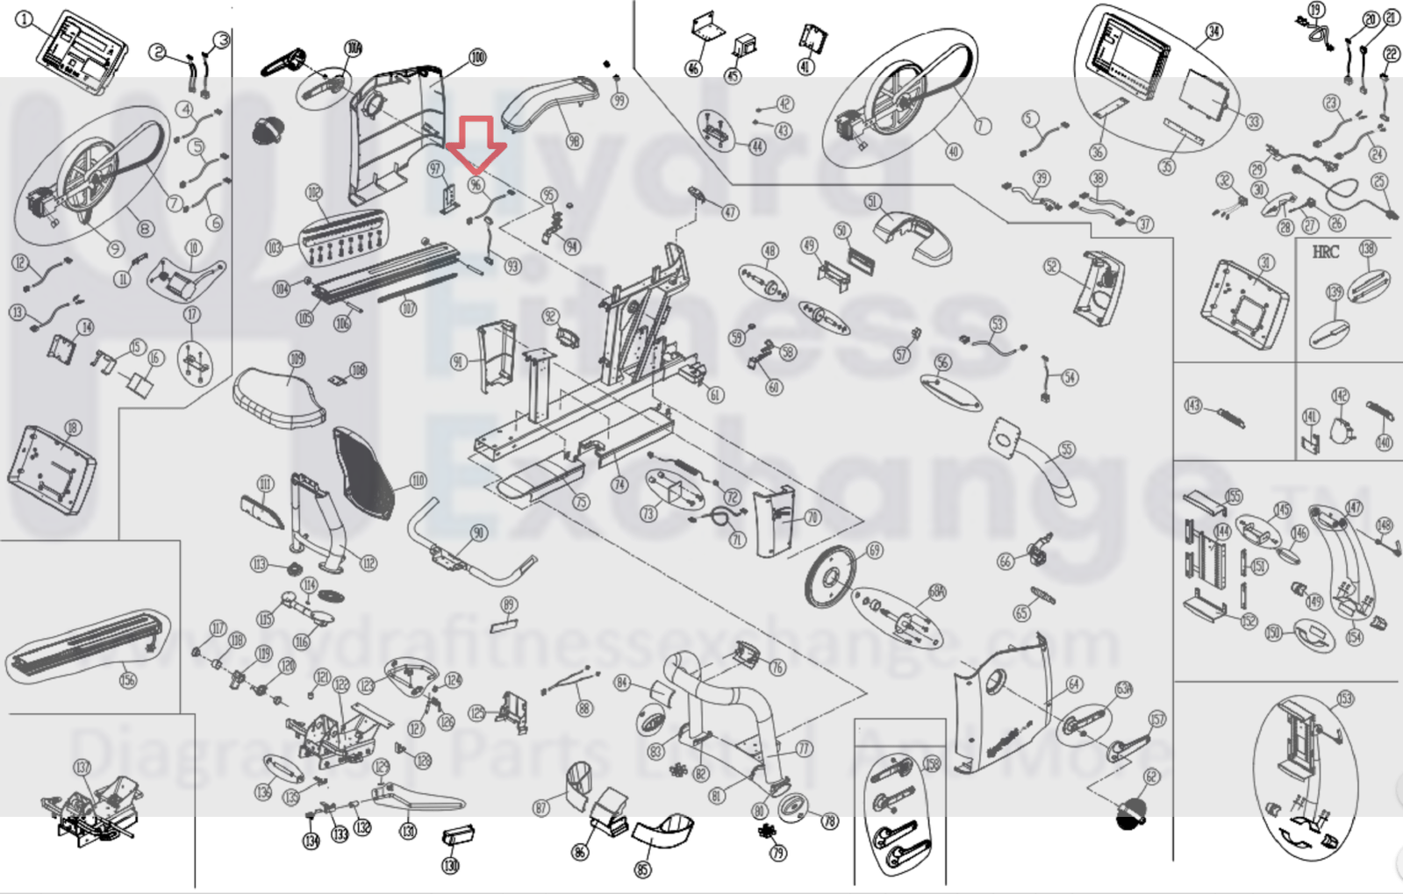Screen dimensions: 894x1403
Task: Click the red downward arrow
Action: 476,143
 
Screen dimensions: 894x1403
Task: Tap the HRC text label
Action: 1325,252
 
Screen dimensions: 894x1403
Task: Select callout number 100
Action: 477,57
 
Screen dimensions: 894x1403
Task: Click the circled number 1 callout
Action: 24,19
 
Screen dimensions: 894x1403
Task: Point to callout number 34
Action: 1213,32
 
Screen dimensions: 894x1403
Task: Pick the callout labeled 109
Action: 297,358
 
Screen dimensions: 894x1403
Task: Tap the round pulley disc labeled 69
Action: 829,576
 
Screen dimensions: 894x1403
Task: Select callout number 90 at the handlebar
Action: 478,533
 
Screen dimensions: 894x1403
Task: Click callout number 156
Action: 128,679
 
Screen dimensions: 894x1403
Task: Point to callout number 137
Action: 82,768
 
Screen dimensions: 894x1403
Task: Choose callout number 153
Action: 1345,698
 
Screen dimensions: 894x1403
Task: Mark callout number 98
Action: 574,141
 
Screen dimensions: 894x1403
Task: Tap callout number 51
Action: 872,202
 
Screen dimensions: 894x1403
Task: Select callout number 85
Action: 643,869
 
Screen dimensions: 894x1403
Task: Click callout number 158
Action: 932,763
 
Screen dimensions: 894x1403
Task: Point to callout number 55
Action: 1066,449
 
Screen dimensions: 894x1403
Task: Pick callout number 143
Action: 1192,404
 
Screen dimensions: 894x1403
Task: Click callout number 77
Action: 804,748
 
